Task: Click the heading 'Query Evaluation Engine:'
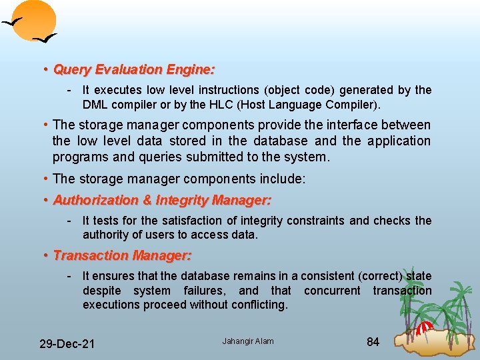pos(133,69)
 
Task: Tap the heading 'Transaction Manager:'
pos(122,255)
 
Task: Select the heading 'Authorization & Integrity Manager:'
pos(161,200)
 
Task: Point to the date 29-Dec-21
pos(67,344)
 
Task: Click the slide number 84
pos(373,342)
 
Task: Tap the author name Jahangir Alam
pos(248,341)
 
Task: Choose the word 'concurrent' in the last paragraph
pos(332,291)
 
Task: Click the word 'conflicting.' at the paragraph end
pos(256,305)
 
